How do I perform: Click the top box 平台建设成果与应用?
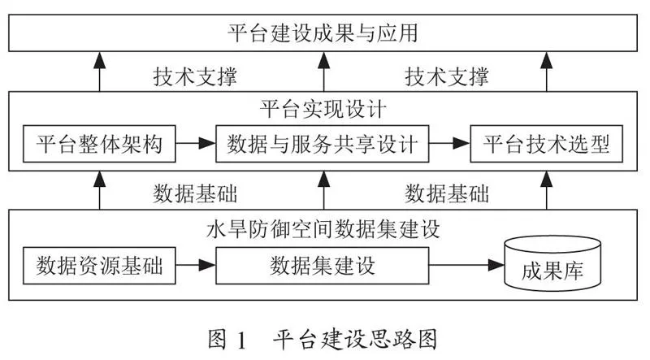click(x=323, y=33)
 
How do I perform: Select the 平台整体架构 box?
click(x=99, y=144)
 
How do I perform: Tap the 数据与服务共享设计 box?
click(x=322, y=144)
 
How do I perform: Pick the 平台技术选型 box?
click(x=546, y=144)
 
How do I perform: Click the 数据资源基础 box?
click(x=99, y=266)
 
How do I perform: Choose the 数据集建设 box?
click(x=322, y=266)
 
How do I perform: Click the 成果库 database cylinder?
click(x=552, y=264)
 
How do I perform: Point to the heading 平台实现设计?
click(x=323, y=109)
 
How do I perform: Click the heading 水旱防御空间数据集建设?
click(x=323, y=229)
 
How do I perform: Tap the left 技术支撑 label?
click(x=195, y=76)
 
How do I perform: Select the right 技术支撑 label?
click(x=447, y=76)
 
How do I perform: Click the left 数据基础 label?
click(x=195, y=193)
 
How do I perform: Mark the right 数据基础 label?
click(x=447, y=193)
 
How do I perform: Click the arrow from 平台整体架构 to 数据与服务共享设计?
click(x=196, y=144)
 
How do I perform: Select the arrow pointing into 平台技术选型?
click(x=449, y=144)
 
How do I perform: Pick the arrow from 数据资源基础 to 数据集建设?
click(x=196, y=265)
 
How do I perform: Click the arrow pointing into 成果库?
click(x=466, y=265)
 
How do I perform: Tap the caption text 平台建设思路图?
click(x=355, y=340)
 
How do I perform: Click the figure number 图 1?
click(x=227, y=340)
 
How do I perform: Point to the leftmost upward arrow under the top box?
click(x=99, y=72)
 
